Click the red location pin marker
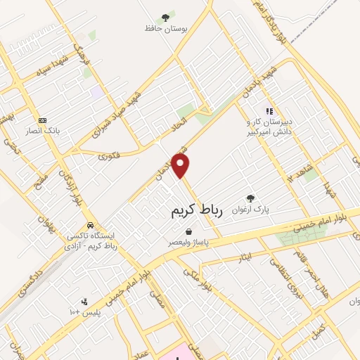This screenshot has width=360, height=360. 181,167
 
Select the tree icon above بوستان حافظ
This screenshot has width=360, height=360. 165,16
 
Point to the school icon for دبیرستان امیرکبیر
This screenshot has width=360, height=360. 268,110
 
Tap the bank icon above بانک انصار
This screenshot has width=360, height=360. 42,120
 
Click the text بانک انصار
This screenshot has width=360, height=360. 43,131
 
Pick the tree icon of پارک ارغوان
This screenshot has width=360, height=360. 250,198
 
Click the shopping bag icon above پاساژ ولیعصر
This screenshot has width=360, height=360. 188,231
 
